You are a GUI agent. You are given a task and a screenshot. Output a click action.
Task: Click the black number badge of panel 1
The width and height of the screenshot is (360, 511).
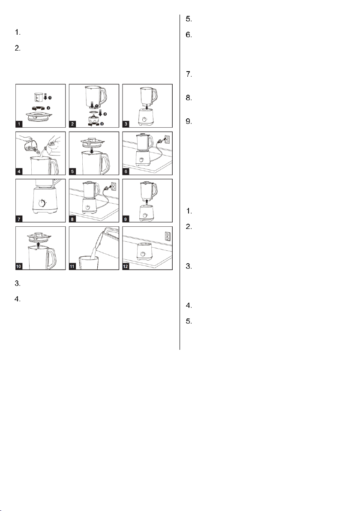19,124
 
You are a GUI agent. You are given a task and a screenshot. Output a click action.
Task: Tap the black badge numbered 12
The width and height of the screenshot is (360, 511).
126,266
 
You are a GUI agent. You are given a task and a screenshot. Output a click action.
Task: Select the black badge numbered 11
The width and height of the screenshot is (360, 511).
72,266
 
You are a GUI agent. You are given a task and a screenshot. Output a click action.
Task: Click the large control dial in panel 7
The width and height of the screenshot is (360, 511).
42,203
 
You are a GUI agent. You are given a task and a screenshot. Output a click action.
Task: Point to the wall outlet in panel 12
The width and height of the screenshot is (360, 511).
168,236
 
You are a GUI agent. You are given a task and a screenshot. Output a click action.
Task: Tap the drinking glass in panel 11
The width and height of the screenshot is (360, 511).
89,263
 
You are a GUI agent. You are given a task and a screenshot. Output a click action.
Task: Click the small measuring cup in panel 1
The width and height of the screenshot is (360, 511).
39,97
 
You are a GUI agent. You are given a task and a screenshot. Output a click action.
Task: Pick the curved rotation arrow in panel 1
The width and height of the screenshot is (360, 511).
39,108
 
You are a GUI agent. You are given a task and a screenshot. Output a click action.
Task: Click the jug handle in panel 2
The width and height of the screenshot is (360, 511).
103,96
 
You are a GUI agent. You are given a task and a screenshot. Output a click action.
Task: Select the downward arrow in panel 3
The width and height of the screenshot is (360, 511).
147,106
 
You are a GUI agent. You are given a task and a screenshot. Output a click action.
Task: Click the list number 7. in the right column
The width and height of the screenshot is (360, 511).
189,74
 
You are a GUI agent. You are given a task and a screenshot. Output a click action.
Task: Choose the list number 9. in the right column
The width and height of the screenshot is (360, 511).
189,121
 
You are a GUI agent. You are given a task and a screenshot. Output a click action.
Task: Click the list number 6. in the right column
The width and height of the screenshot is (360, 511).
189,35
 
